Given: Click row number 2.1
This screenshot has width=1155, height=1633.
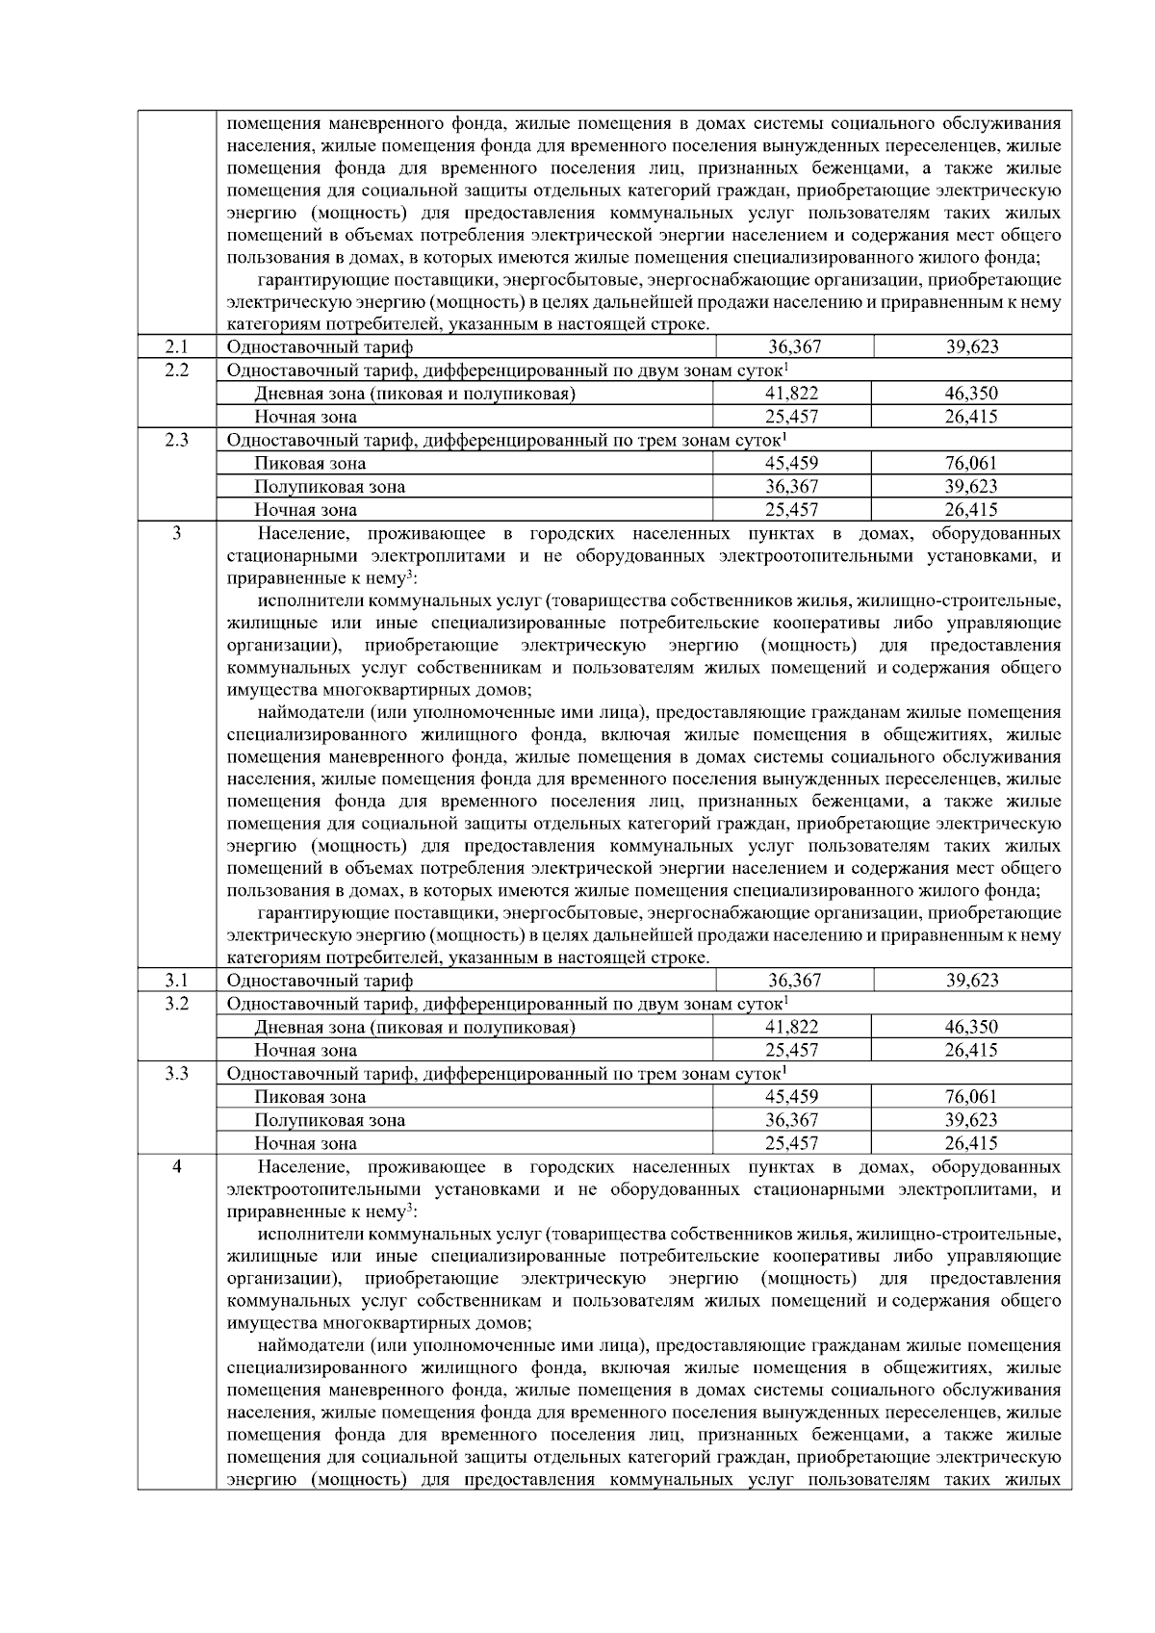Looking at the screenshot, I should click(x=176, y=346).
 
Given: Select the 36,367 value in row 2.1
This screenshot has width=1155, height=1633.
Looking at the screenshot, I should click(x=794, y=346).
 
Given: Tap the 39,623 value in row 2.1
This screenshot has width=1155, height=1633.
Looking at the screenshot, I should click(x=972, y=346).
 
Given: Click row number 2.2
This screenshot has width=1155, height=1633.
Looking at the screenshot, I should click(x=176, y=370).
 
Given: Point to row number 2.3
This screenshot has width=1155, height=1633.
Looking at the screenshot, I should click(x=176, y=440).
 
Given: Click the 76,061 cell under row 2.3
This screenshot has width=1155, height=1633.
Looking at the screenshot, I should click(x=971, y=463).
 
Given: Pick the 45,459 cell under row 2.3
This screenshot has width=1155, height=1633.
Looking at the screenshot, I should click(x=791, y=463).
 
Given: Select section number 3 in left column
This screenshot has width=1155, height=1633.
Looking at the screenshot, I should click(x=176, y=533).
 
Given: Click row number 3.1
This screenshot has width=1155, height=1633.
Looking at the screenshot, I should click(x=176, y=980).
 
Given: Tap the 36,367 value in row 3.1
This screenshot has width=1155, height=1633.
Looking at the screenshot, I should click(x=794, y=980).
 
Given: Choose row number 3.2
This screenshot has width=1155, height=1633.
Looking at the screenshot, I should click(x=176, y=1003).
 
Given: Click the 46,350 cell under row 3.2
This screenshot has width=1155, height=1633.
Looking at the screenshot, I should click(x=971, y=1027).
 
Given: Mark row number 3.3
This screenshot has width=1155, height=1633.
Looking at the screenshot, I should click(x=176, y=1073).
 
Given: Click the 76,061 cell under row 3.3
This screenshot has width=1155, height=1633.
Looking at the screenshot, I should click(x=971, y=1096).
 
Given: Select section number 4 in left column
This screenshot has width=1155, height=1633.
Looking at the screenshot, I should click(x=176, y=1166).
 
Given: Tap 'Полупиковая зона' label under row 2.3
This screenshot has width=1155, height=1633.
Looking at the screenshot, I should click(x=329, y=487).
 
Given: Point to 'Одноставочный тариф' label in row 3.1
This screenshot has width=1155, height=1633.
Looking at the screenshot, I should click(x=320, y=981).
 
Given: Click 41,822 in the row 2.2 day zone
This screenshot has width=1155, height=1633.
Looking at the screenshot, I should click(x=791, y=393).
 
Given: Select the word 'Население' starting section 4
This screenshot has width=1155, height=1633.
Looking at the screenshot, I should click(x=302, y=1167).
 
